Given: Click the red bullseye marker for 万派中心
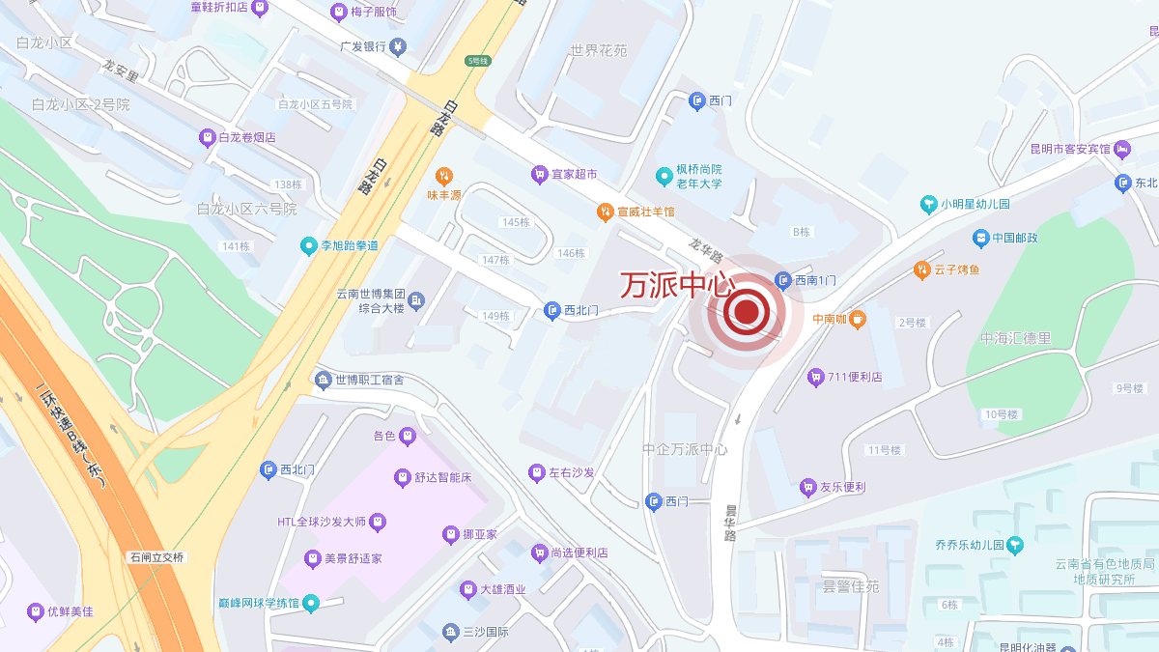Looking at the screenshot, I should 747,311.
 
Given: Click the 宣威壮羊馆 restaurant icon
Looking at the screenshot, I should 605,211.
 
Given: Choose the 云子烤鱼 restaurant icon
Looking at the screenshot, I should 921,270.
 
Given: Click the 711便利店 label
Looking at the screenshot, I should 855,377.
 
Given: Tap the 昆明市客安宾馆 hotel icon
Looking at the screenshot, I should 1122,149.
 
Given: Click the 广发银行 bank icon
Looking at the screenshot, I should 398,46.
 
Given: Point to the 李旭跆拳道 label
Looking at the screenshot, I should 350,245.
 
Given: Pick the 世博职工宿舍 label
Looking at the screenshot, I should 369,380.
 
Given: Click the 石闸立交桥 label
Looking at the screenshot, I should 156,557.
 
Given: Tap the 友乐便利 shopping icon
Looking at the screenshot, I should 808,488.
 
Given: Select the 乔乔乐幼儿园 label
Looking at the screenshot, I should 969,545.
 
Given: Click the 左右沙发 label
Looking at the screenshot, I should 572,473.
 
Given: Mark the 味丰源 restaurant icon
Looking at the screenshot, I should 444,176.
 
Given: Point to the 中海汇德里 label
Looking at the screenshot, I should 1015,339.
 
